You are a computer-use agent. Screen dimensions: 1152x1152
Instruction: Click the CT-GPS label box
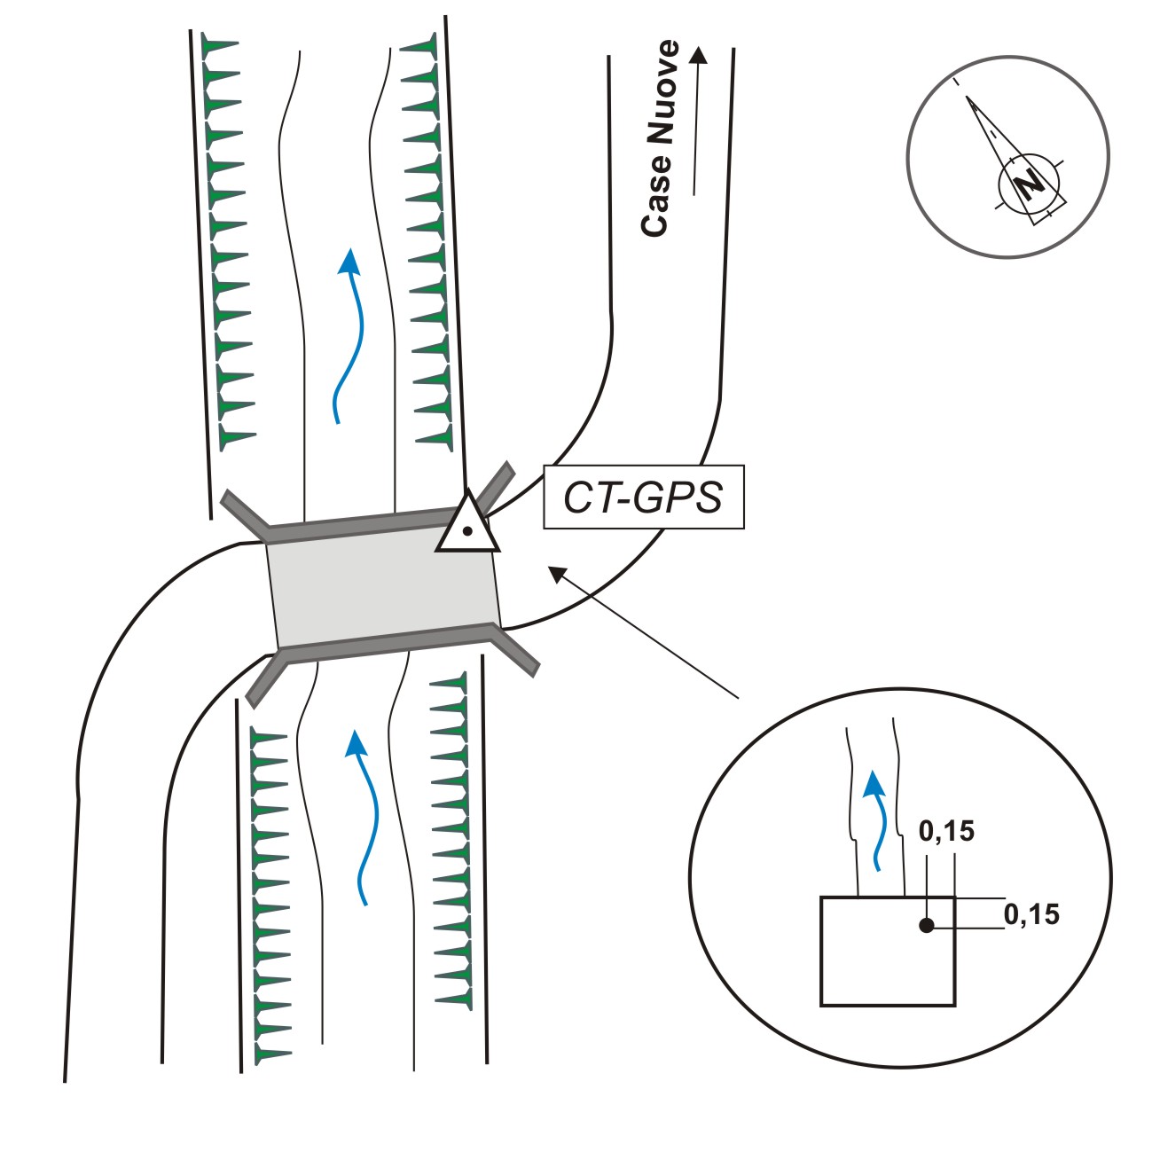click(x=644, y=497)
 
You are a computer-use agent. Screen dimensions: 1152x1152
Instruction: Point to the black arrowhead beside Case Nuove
click(x=698, y=54)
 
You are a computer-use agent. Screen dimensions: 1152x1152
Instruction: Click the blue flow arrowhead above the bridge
click(x=349, y=261)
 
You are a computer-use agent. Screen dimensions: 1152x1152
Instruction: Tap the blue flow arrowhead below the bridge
click(x=357, y=744)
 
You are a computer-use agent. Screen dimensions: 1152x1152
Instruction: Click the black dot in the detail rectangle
click(x=927, y=926)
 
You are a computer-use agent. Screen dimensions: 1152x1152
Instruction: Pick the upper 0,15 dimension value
click(x=946, y=832)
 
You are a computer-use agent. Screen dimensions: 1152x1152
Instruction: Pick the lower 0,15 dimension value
click(x=1031, y=914)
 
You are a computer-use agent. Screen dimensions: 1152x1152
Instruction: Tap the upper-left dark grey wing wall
click(x=245, y=510)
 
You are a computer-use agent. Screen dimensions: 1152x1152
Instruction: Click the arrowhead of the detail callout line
click(x=558, y=574)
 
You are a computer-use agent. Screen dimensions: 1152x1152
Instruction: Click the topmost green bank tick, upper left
click(x=220, y=43)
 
